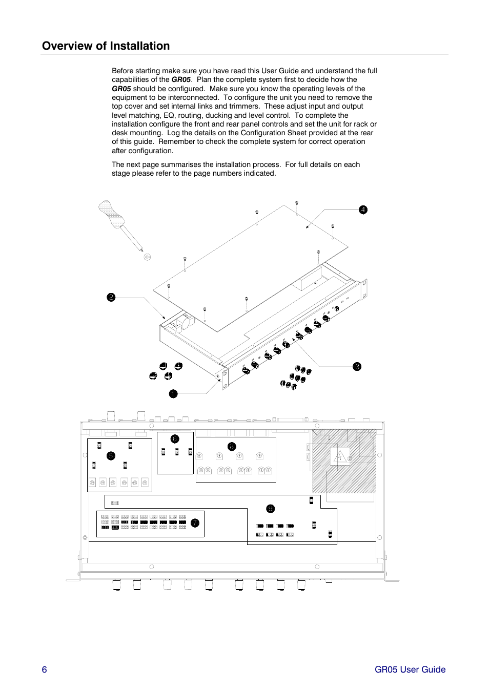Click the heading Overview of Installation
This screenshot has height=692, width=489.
click(106, 46)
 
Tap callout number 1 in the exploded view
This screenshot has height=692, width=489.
click(173, 394)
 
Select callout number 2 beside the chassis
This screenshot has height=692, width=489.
click(111, 297)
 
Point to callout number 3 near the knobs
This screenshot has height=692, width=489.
click(357, 366)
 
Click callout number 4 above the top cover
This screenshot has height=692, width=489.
click(363, 209)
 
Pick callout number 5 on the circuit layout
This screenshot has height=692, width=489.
click(111, 456)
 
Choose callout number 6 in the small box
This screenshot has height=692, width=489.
click(175, 439)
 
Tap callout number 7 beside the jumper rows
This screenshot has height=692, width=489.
click(195, 522)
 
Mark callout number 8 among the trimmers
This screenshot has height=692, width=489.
click(232, 447)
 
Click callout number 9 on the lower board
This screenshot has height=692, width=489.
click(270, 509)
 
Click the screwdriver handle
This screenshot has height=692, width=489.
click(111, 214)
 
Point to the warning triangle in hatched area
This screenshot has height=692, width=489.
click(339, 455)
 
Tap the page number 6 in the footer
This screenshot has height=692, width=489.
click(45, 669)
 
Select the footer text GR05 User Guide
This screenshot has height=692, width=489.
click(410, 669)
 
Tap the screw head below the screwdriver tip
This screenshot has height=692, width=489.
click(147, 257)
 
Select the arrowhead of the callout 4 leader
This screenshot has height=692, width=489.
click(307, 227)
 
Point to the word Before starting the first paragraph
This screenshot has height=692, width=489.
click(123, 71)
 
